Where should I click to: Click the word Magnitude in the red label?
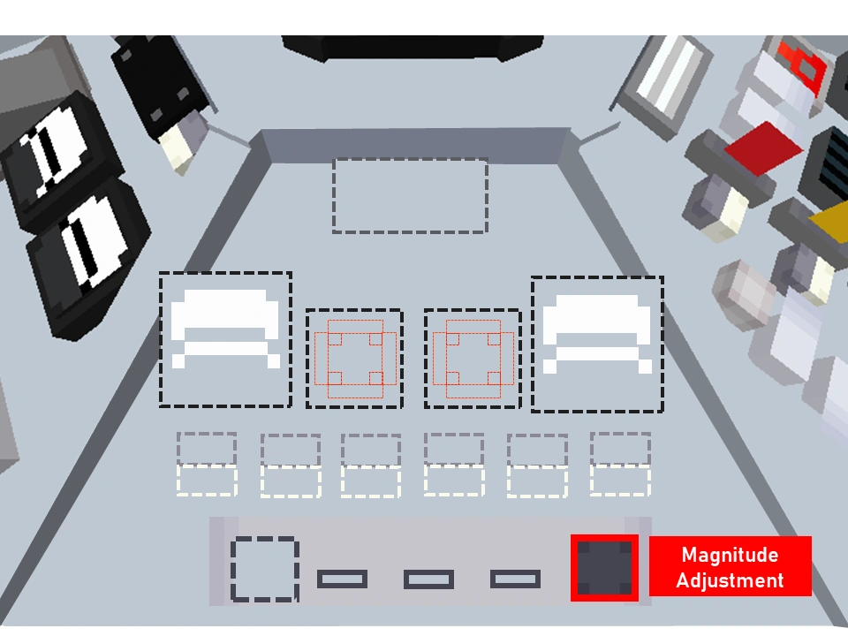(x=730, y=556)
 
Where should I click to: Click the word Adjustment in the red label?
(x=730, y=580)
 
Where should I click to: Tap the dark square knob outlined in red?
(x=604, y=567)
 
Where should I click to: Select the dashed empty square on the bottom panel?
(x=265, y=570)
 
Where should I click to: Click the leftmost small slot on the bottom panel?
(x=342, y=579)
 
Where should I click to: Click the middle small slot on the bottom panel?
(x=428, y=579)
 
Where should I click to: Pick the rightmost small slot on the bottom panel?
(x=515, y=579)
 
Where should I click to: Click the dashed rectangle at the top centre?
(x=410, y=195)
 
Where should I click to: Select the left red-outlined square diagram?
(x=354, y=359)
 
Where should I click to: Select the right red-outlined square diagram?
(x=473, y=359)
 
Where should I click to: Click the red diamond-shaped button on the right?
(x=763, y=148)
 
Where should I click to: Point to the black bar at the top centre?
(x=413, y=48)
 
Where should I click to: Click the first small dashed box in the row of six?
(x=207, y=465)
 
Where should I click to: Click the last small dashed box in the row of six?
(x=620, y=464)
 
